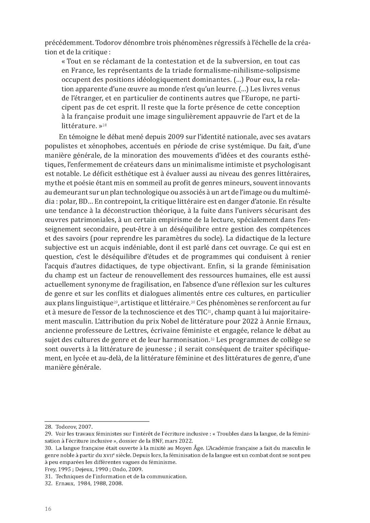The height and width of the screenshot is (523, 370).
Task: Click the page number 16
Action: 48,508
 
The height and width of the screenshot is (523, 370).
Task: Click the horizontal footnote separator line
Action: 97,421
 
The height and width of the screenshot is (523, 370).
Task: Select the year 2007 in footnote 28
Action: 85,427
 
